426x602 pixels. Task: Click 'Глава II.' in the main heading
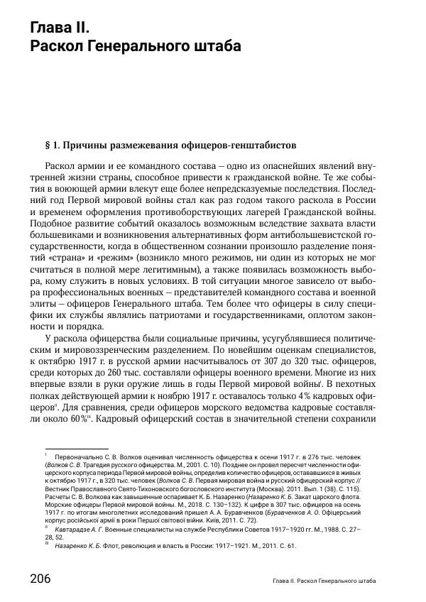[60, 28]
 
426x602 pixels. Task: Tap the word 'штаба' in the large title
[213, 47]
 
